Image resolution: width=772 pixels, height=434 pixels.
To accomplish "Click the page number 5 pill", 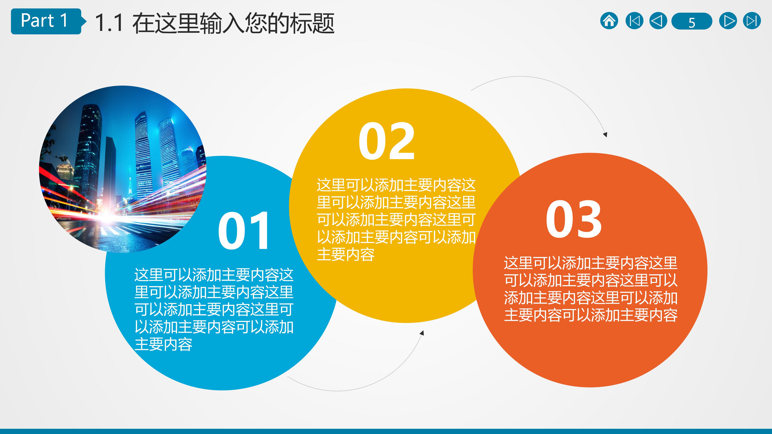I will coord(691,21).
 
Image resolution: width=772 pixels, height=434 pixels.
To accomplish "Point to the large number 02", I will coord(387,141).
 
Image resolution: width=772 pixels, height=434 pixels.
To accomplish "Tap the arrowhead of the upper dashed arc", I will coord(605,134).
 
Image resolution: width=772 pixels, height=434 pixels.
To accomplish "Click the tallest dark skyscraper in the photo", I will coord(88,150).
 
